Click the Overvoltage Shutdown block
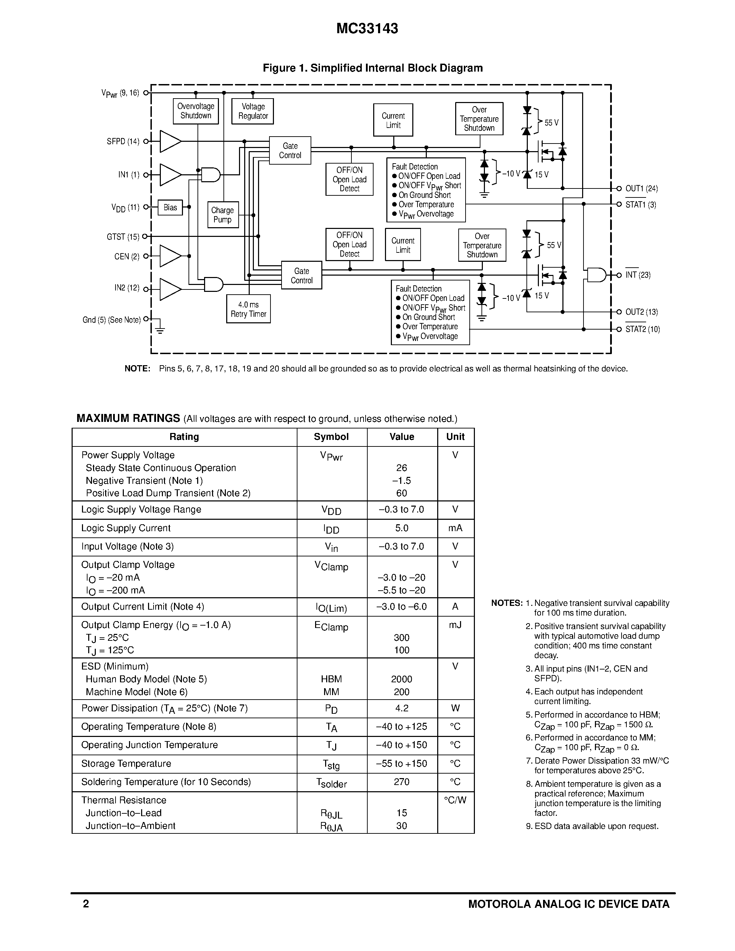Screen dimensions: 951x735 (x=195, y=111)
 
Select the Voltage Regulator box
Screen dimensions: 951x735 (x=252, y=111)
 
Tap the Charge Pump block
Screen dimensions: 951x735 (x=222, y=215)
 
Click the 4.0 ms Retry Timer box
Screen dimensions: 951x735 (x=248, y=309)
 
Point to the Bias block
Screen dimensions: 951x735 (x=170, y=208)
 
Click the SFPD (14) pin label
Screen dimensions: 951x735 (x=123, y=141)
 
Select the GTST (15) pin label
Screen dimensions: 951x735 (x=123, y=237)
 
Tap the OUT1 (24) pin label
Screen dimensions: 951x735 (x=641, y=188)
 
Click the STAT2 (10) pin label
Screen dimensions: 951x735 (x=642, y=329)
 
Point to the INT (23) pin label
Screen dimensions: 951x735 (x=638, y=275)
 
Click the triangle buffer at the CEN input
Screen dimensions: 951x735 (x=170, y=256)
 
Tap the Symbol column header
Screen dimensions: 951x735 (x=331, y=437)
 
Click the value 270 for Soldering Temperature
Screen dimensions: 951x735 (x=402, y=782)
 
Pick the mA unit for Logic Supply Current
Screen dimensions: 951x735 (x=455, y=528)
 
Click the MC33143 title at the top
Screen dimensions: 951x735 (x=367, y=29)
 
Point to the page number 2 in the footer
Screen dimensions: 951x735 (x=86, y=904)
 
